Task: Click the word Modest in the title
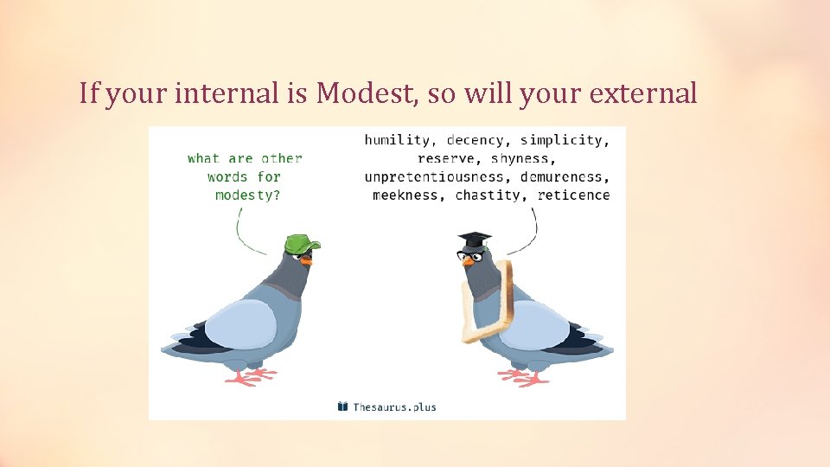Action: (368, 93)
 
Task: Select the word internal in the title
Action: (227, 93)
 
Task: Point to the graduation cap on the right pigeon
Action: (474, 239)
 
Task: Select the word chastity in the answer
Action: (488, 195)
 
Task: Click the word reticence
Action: (573, 195)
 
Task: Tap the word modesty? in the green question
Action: (247, 195)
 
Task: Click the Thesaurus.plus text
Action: (394, 406)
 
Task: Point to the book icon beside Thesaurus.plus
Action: (342, 406)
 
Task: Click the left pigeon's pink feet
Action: (252, 375)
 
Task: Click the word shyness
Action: (519, 158)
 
